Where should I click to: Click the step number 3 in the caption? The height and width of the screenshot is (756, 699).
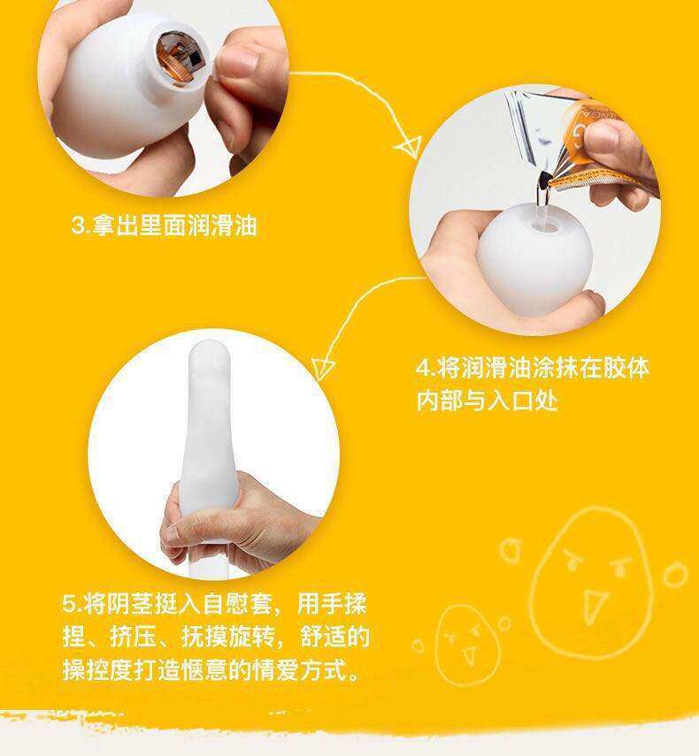[78, 225]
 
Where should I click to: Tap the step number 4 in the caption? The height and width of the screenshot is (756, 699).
[424, 368]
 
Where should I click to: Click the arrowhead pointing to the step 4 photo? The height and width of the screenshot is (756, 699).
[409, 145]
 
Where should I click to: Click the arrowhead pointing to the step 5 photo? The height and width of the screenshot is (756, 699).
[322, 368]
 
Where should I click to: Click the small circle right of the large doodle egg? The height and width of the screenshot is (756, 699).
[674, 574]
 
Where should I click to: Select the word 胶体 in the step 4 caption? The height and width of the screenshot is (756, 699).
[626, 368]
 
